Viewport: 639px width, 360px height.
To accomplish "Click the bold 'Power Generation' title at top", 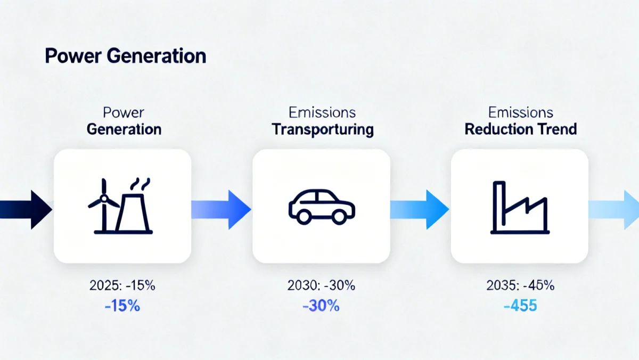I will point(125,56).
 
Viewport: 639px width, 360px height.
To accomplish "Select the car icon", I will point(321,207).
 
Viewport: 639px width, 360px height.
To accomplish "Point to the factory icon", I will point(519,208).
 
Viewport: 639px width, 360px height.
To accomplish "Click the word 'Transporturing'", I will point(323,129).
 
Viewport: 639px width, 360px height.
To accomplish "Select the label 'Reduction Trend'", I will point(521,129).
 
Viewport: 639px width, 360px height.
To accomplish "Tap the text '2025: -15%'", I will point(122,285).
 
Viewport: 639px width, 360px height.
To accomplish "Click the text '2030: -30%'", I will point(321,285).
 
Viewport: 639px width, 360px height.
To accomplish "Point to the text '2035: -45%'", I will point(520,285).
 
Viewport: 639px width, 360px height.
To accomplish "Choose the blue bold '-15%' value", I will point(122,306).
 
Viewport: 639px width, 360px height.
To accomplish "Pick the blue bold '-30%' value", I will point(321,306).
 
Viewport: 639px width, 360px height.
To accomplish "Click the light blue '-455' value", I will point(520,306).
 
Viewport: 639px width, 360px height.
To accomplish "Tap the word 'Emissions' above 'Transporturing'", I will point(322,113).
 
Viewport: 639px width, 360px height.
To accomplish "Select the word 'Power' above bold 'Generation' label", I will point(124,113).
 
